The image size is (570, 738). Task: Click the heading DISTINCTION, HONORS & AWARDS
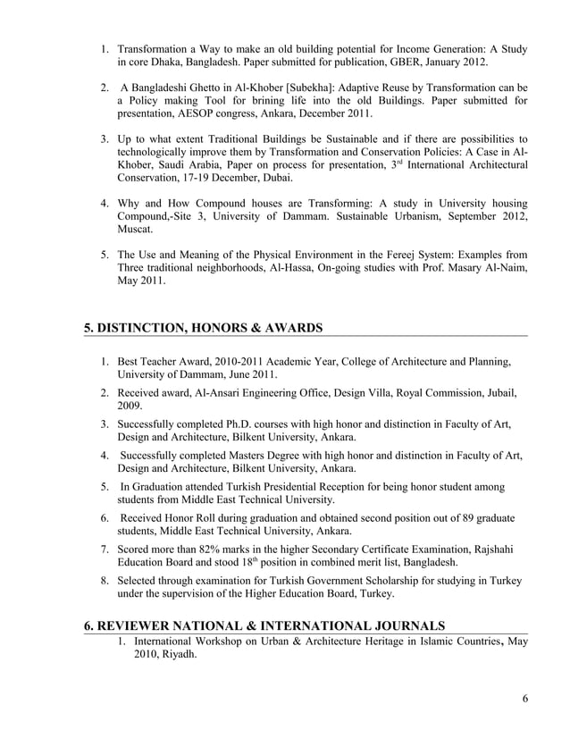(x=203, y=328)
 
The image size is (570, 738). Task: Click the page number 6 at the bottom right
(x=524, y=699)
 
